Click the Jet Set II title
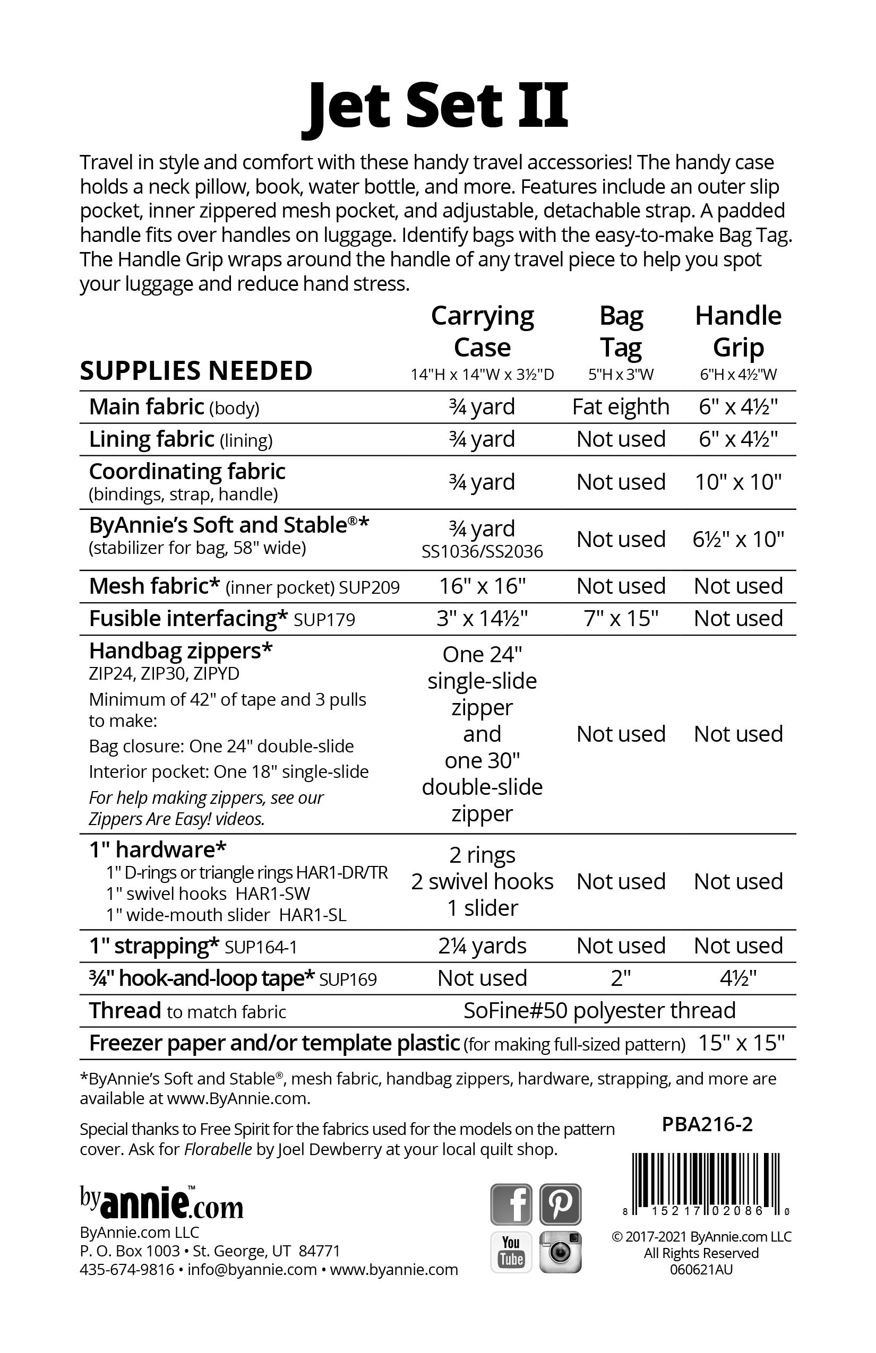click(x=436, y=106)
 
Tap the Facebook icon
click(x=511, y=1204)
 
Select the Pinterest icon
click(x=560, y=1204)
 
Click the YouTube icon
click(x=511, y=1251)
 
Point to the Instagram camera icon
click(x=560, y=1251)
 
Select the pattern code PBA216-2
click(x=707, y=1124)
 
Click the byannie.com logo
click(x=161, y=1203)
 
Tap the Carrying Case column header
click(x=483, y=332)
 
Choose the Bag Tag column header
click(x=621, y=332)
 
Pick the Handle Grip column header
click(x=738, y=332)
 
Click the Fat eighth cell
click(x=621, y=407)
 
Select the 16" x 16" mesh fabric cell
click(x=483, y=586)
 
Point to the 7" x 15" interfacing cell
click(x=621, y=619)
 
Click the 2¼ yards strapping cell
click(x=483, y=946)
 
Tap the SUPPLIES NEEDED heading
click(x=196, y=371)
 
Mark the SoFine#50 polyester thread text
click(x=599, y=1011)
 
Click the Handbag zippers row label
click(x=181, y=651)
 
